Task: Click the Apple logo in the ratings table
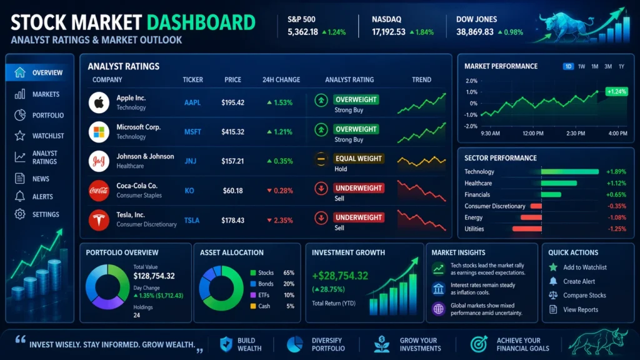(99, 102)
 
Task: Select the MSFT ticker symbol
(192, 132)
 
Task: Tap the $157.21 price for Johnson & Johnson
(232, 161)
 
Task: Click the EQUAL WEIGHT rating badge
(358, 159)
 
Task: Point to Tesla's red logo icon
(99, 220)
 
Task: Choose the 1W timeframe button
(581, 66)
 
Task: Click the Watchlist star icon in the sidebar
(20, 136)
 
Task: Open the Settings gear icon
(20, 214)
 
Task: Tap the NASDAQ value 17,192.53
(389, 32)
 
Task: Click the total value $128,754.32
(154, 276)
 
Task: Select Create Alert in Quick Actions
(579, 281)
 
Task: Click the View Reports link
(580, 309)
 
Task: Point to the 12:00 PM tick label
(533, 133)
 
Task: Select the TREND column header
(422, 80)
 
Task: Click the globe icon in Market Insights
(438, 308)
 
